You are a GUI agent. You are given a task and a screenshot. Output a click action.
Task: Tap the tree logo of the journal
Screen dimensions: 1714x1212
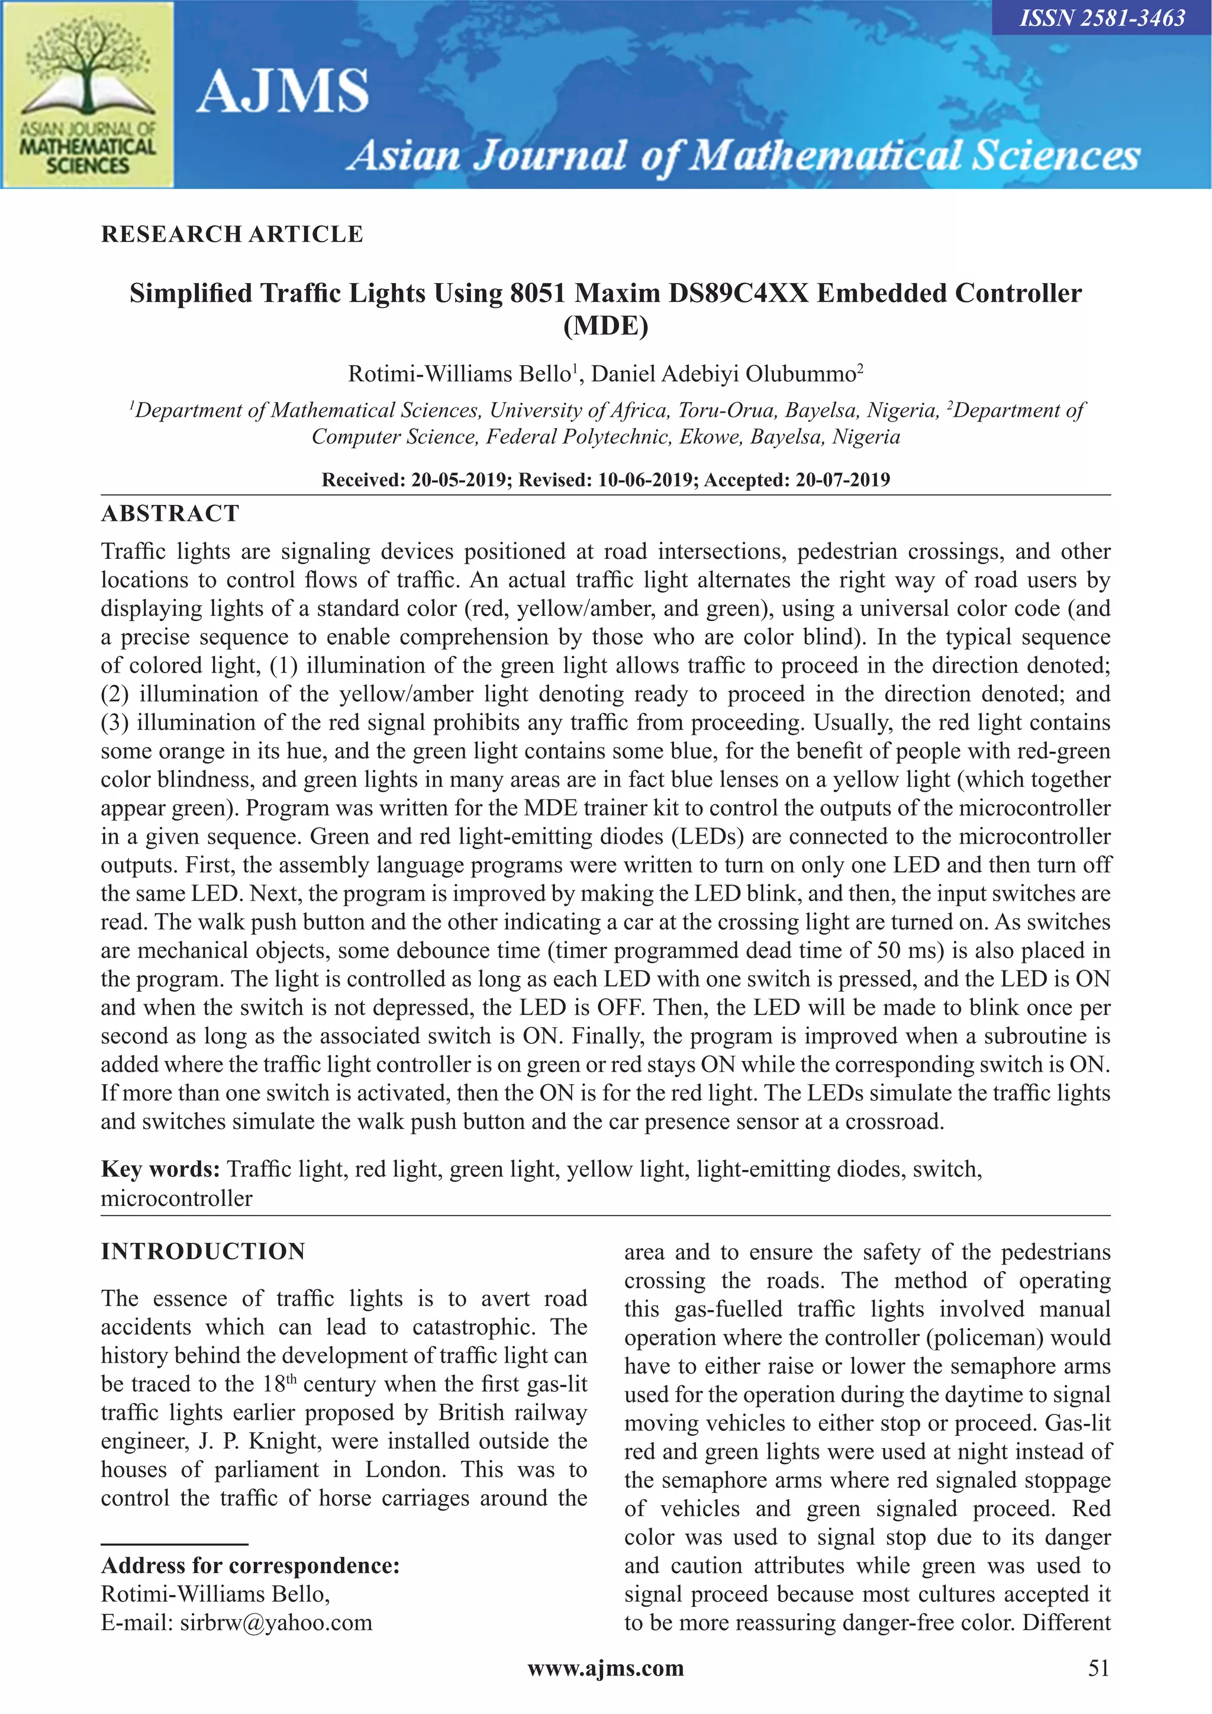click(88, 71)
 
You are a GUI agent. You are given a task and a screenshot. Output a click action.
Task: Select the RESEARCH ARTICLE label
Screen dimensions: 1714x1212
click(232, 234)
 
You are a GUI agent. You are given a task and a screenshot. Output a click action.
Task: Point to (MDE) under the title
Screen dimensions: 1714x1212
click(605, 326)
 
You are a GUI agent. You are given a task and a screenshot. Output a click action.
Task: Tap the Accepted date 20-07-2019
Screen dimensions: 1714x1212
click(843, 480)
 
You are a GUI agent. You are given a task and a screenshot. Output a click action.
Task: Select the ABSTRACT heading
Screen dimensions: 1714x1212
click(170, 513)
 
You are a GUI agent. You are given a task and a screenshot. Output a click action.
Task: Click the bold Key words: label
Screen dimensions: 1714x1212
click(160, 1169)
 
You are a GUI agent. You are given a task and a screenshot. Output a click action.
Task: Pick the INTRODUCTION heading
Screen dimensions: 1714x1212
click(203, 1252)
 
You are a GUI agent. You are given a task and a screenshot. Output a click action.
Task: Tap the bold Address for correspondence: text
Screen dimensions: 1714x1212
click(250, 1565)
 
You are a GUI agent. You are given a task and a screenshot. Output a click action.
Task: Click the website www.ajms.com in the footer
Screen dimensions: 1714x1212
click(605, 1668)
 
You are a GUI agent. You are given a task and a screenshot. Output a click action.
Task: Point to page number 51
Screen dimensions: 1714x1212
click(1098, 1668)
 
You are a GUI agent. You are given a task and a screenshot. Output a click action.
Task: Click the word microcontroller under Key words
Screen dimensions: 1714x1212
click(176, 1199)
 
